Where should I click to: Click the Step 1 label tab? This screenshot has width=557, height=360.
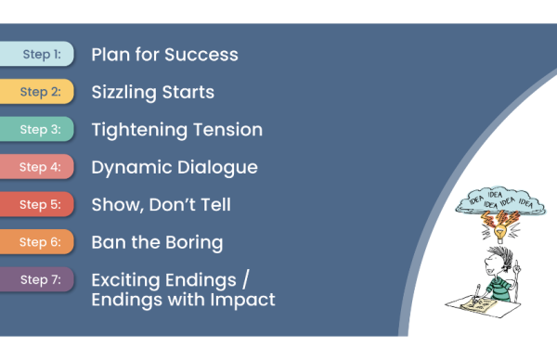[37, 55]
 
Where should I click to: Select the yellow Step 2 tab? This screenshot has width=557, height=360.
[37, 92]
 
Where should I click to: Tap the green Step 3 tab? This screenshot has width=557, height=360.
[37, 130]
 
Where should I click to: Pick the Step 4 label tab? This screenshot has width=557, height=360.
[37, 168]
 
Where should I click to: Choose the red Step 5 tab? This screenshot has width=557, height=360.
[37, 205]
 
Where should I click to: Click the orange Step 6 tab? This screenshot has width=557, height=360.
[37, 243]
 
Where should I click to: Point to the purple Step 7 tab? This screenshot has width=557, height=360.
[37, 280]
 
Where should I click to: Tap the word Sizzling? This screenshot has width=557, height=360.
[123, 92]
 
